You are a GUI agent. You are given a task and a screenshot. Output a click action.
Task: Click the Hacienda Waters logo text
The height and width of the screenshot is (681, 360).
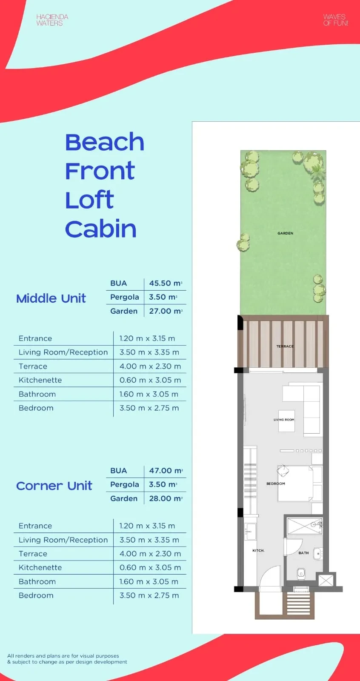52,20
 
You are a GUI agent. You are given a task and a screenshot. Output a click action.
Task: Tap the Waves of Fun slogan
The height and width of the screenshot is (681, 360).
336,20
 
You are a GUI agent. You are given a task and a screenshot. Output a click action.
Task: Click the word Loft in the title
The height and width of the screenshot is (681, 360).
89,200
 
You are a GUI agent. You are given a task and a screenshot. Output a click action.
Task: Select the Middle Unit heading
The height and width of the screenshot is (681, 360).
51,298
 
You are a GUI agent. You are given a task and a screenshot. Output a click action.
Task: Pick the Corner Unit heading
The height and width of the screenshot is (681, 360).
54,486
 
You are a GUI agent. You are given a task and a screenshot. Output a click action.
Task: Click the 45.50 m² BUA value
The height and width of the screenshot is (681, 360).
166,283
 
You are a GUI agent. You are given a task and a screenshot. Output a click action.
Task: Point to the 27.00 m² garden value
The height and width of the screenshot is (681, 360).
166,311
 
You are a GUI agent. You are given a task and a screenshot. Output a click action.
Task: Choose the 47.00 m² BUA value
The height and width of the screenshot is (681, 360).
166,471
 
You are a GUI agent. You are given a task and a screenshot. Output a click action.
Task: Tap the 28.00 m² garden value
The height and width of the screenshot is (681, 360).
166,498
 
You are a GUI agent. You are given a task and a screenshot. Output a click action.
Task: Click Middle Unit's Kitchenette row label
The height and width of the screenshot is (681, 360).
40,380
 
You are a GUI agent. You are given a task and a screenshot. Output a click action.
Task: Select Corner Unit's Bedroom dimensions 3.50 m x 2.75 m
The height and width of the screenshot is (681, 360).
149,595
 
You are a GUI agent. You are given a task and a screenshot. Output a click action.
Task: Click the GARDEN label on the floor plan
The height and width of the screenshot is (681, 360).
285,233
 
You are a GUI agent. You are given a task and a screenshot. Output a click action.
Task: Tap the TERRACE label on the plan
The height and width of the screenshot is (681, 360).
285,346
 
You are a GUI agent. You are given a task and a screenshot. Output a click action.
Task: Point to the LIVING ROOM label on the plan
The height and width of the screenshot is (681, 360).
284,420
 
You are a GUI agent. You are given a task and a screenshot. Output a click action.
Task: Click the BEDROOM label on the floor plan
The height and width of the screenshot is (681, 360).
276,484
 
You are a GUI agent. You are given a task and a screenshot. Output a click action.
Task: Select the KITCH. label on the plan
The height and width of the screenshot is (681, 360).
258,550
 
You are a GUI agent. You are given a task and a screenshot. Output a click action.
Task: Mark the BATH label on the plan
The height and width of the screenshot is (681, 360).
303,553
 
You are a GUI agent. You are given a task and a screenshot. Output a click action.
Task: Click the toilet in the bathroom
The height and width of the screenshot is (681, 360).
301,573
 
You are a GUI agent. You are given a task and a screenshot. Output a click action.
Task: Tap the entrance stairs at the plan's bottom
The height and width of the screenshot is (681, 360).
298,604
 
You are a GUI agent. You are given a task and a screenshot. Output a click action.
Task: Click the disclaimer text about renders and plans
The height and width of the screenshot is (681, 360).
67,659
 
